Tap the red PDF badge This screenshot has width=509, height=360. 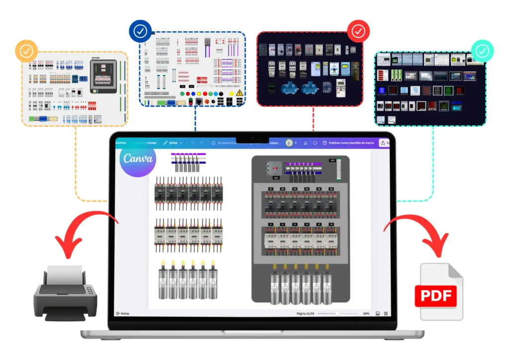click(435, 297)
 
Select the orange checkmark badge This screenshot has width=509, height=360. click(26, 51)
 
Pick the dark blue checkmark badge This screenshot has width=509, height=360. click(140, 32)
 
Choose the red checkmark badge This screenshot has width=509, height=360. click(358, 32)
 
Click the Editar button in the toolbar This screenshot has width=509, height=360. click(172, 143)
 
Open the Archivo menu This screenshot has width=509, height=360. click(121, 143)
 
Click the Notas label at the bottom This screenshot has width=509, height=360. click(123, 314)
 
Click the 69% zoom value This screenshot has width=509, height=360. click(366, 314)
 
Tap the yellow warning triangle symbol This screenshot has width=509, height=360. click(239, 93)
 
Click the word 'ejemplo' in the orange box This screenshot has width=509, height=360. click(95, 58)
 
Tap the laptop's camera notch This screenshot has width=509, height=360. click(252, 138)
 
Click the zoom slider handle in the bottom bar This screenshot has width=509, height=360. click(338, 314)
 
